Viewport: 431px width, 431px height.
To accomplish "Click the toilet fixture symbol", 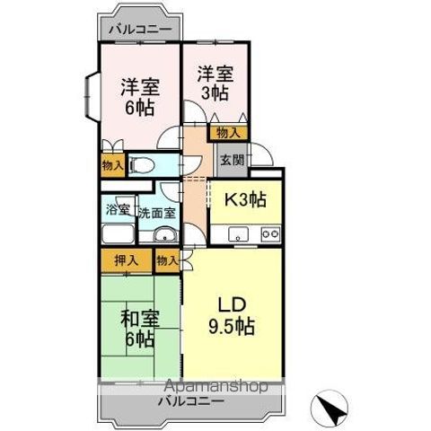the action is click(x=142, y=165).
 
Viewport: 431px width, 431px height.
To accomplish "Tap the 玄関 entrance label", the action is click(x=233, y=160).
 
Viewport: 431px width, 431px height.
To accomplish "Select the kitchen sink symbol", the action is click(x=238, y=234).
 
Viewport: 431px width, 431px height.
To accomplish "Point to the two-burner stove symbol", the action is click(x=270, y=234).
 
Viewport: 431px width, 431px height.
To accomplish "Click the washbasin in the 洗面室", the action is click(x=165, y=234).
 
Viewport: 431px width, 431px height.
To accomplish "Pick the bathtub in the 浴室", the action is click(x=118, y=234).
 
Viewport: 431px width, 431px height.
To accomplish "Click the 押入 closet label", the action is click(x=127, y=260).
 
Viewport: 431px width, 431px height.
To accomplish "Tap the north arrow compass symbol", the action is click(x=330, y=409).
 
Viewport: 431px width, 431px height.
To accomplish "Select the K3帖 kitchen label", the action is click(x=245, y=199).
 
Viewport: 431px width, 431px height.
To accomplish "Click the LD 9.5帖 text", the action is click(x=232, y=316).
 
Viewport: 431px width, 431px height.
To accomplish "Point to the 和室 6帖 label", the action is click(x=140, y=329).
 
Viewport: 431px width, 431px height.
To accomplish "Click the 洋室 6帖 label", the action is click(x=140, y=97).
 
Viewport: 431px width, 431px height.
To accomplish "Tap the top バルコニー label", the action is click(x=140, y=30).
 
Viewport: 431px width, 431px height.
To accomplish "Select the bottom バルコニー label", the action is click(x=191, y=401).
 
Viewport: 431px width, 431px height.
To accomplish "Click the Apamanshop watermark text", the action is click(x=216, y=386).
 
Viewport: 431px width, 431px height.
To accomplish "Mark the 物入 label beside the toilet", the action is click(x=113, y=165).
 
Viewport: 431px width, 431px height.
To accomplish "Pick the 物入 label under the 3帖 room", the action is click(x=228, y=133).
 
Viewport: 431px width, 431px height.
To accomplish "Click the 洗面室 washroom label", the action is click(x=157, y=213).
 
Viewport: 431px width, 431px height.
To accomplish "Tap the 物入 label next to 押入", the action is click(x=168, y=260).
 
